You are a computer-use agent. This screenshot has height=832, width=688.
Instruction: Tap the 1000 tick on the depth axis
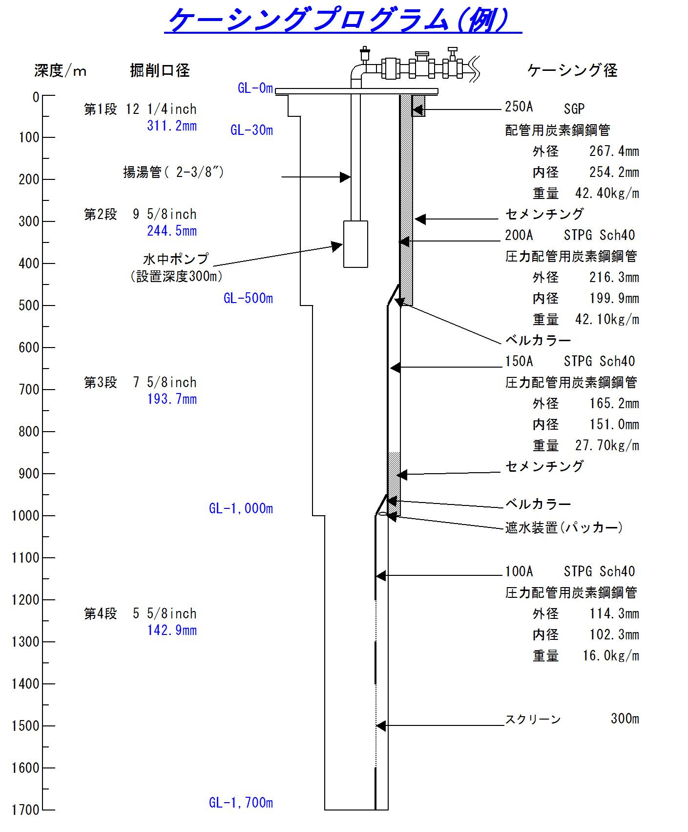tap(48, 515)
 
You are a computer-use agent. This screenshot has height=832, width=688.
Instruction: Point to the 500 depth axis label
tap(29, 306)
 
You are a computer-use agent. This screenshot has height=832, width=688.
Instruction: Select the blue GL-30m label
tap(251, 130)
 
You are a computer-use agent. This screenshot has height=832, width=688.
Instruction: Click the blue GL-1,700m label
tap(241, 802)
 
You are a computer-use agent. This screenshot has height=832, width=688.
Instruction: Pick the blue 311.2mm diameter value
tap(172, 126)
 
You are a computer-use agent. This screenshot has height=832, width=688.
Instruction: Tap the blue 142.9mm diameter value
tap(172, 630)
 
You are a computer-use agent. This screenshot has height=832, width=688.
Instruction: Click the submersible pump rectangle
tap(355, 244)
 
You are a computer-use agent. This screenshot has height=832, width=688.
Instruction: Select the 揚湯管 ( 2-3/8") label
tap(173, 172)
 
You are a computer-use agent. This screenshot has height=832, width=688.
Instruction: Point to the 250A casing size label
tap(519, 107)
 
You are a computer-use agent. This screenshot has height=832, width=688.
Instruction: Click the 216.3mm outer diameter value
tap(614, 277)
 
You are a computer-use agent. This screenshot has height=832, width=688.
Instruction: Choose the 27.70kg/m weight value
tap(607, 445)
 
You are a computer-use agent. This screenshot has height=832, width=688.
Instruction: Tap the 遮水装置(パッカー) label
tap(563, 527)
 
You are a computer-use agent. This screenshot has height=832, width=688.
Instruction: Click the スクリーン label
tap(533, 719)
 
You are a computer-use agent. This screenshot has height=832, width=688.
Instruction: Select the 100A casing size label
tap(519, 571)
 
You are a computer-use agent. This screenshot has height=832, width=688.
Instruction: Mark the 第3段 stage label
tap(100, 382)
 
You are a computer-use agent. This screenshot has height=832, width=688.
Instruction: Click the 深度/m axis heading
tap(60, 71)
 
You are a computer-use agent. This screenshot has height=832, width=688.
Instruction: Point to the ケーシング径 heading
tap(572, 70)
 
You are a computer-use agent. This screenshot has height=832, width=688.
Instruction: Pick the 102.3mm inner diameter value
tap(614, 635)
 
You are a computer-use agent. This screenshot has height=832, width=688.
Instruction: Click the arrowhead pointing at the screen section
tap(381, 726)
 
